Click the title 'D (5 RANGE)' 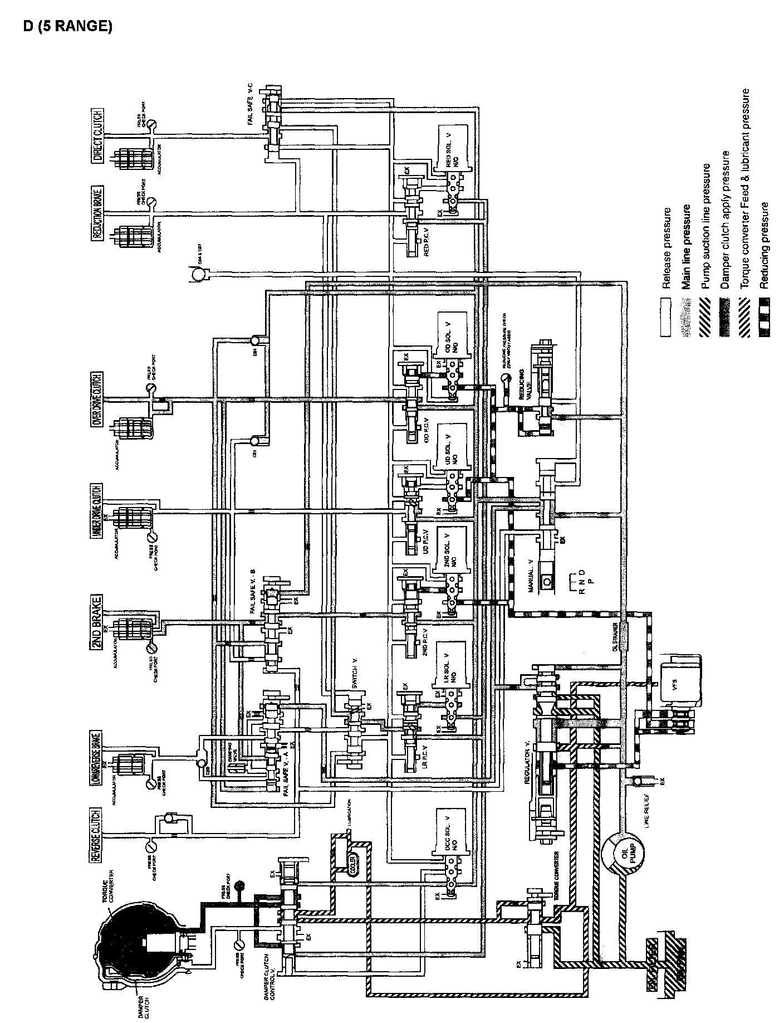[67, 27]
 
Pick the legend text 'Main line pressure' [687, 247]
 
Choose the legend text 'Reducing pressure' [764, 245]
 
